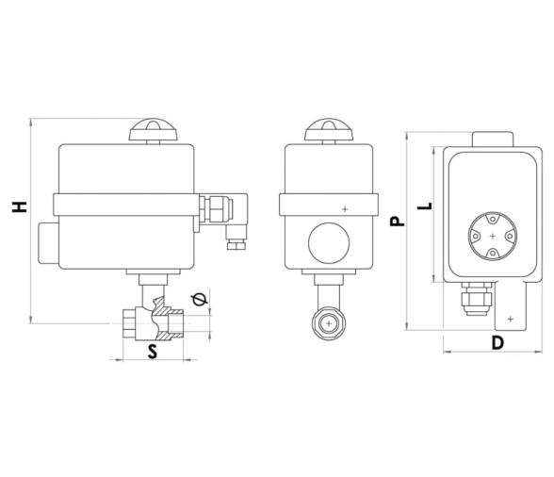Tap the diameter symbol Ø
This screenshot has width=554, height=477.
[x=196, y=300]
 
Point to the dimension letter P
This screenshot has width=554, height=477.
[x=397, y=220]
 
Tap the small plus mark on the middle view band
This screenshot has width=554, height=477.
[x=345, y=207]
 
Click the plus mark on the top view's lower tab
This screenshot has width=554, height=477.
[x=510, y=321]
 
